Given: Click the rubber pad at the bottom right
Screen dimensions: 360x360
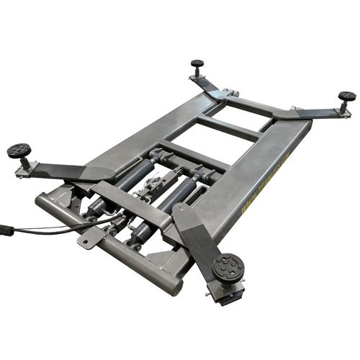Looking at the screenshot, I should point(228,267).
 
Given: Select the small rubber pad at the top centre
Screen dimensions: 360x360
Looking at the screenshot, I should point(197,64).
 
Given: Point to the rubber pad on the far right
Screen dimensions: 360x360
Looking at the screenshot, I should point(347,96).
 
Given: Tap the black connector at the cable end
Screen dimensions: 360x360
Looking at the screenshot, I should point(5,232).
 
